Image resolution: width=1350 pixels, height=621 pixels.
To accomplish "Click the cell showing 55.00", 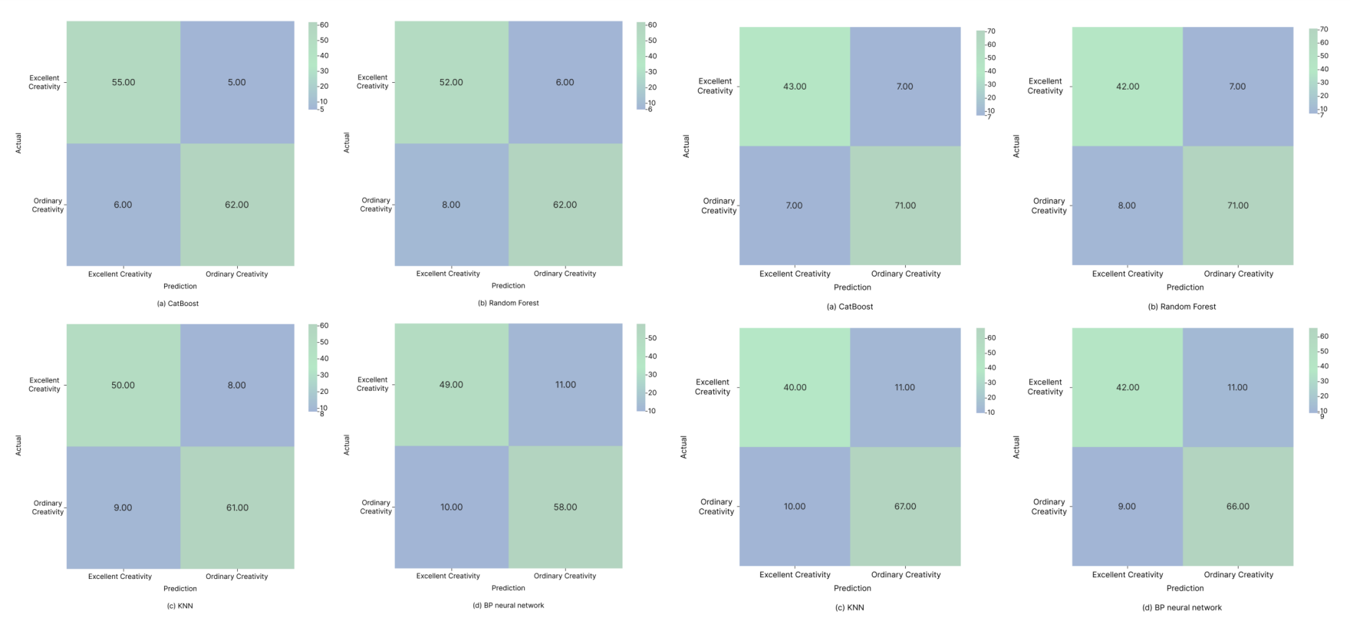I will [x=123, y=82].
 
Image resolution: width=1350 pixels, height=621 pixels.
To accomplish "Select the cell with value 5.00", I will [x=236, y=82].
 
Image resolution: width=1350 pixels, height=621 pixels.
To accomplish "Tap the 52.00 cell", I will [x=451, y=82].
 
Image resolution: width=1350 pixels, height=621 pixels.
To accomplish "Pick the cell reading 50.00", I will [x=123, y=385].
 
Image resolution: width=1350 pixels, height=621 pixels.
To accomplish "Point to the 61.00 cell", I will [x=236, y=508].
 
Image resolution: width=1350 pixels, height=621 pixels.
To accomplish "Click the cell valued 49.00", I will [x=451, y=385].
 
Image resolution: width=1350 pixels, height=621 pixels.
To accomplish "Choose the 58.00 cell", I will [x=565, y=507].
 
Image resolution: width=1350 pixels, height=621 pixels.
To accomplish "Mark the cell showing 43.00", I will [x=795, y=87].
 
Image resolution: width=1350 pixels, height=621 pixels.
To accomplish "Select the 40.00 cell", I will [x=795, y=387].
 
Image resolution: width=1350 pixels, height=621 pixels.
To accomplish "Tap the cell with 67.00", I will [x=905, y=506].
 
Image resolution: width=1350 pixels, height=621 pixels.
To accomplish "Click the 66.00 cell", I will [x=1238, y=506].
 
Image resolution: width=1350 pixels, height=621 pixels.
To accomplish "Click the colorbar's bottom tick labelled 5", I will [x=321, y=110].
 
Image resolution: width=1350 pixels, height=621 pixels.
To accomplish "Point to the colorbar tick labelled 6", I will [x=650, y=110].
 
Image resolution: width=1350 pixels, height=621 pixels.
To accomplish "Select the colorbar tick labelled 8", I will [x=321, y=414].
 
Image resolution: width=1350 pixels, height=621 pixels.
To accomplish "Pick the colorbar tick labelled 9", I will [x=1322, y=416].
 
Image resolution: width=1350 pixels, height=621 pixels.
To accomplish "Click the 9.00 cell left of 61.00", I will [x=123, y=508].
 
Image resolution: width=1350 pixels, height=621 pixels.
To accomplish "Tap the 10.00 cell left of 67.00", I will [x=795, y=506].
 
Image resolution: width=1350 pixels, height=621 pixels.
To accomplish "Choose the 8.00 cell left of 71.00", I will [x=1127, y=205].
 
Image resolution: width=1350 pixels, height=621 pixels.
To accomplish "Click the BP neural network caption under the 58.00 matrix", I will [x=508, y=605].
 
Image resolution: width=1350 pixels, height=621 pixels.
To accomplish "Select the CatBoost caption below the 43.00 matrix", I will [x=849, y=307].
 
